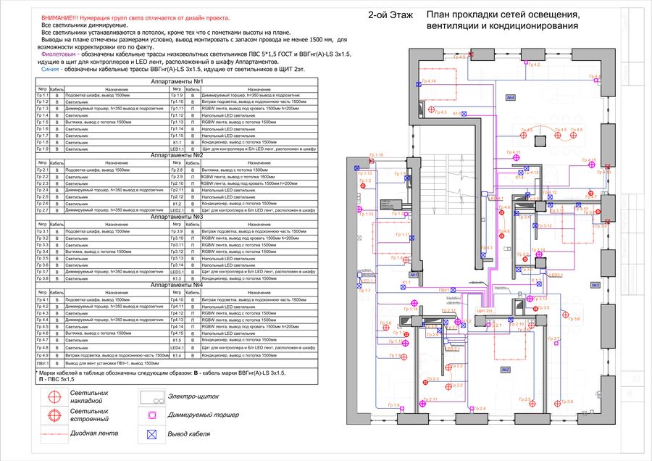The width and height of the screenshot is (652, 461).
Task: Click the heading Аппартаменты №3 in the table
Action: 177,217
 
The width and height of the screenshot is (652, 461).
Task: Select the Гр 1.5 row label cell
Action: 43,122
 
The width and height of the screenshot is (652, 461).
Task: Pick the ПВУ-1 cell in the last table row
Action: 43,362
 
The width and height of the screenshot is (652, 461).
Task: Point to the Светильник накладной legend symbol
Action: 54,396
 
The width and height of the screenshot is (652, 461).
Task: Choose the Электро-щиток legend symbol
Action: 151,397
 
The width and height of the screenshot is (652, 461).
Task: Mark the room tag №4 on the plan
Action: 510,97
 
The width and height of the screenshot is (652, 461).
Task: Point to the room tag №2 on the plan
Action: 505,370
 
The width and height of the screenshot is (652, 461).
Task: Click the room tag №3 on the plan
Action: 595,285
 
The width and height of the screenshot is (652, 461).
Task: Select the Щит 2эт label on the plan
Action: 485,310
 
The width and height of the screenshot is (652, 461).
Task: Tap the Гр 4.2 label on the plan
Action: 534,65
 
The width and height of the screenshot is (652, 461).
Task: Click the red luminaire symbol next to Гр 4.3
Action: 432,109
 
